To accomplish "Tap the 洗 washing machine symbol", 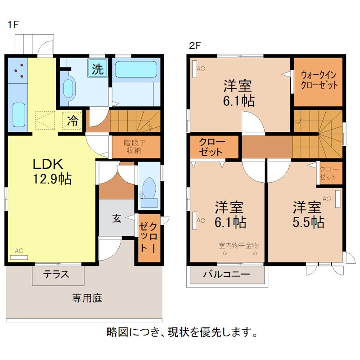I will [98, 69].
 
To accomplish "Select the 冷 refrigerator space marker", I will [72, 121].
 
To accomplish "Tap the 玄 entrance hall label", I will [116, 219].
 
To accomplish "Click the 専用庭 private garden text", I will [87, 298].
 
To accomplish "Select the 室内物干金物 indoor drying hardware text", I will [238, 246].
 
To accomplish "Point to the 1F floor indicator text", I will [12, 25].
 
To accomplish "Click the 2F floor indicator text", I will [194, 45].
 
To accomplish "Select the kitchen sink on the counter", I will [18, 115].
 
